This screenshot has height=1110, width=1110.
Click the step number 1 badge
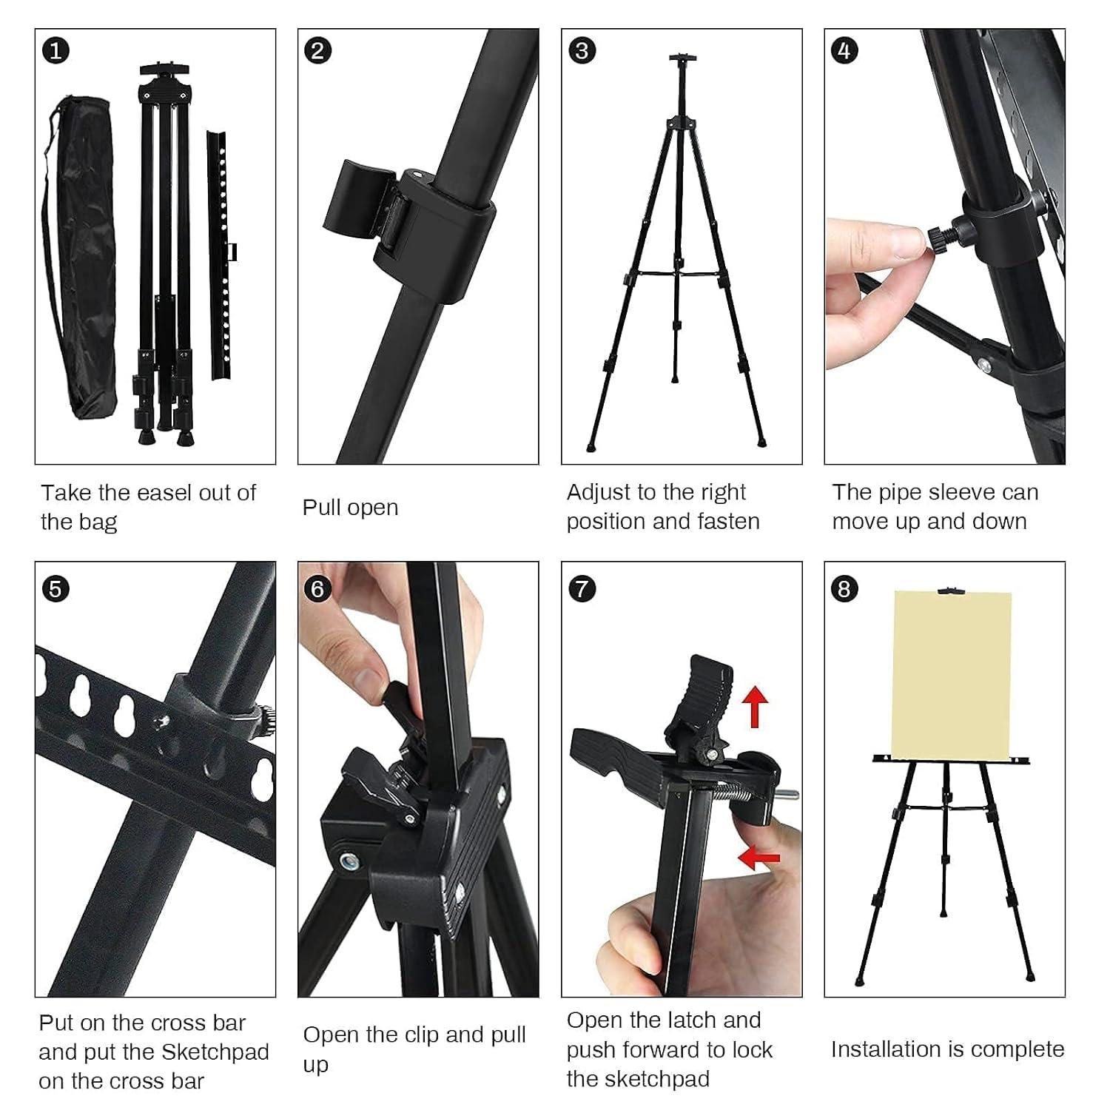(55, 50)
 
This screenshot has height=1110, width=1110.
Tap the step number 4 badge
(844, 50)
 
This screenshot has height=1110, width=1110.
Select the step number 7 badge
(582, 589)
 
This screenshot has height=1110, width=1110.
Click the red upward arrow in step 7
(755, 705)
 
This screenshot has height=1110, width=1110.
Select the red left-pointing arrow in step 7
(759, 858)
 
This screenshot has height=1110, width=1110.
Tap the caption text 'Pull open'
(350, 508)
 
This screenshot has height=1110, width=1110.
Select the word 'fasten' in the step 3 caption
(728, 522)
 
